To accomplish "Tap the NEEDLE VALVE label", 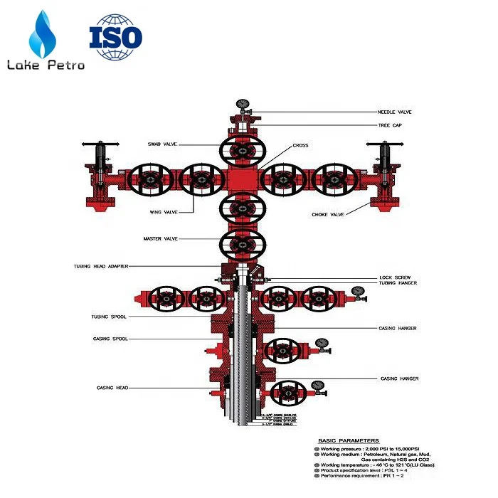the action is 394,112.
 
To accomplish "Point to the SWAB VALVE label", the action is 161,144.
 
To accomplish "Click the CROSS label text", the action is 300,146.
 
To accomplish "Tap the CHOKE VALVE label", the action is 328,214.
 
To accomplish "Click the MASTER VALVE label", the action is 161,239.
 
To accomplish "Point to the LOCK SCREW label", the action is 395,277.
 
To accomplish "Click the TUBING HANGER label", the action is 398,283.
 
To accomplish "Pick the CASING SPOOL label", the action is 110,339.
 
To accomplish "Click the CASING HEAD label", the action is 112,388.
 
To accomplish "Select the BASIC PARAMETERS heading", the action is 349,441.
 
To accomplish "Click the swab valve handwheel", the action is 243,150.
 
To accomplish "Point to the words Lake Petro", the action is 46,65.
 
